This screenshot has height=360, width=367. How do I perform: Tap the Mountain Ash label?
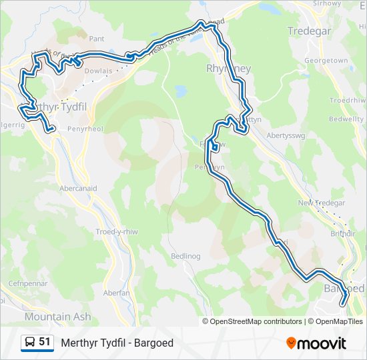tap(57, 317)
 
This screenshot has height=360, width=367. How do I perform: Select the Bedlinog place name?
tap(186, 256)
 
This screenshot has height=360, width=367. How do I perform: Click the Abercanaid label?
tap(78, 189)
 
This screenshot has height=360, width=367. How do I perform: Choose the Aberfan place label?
tap(116, 293)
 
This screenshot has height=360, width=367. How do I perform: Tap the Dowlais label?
tap(99, 70)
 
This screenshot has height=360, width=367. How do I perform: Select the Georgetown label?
tap(326, 61)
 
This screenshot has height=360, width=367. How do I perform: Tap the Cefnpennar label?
tap(26, 284)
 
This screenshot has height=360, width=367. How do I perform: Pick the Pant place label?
tap(97, 39)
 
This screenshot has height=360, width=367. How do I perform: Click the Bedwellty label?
tap(346, 119)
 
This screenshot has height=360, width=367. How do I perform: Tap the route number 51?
tap(45, 342)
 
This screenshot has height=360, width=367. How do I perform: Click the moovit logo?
tap(316, 343)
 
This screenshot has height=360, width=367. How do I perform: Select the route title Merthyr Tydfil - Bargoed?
tap(117, 343)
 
